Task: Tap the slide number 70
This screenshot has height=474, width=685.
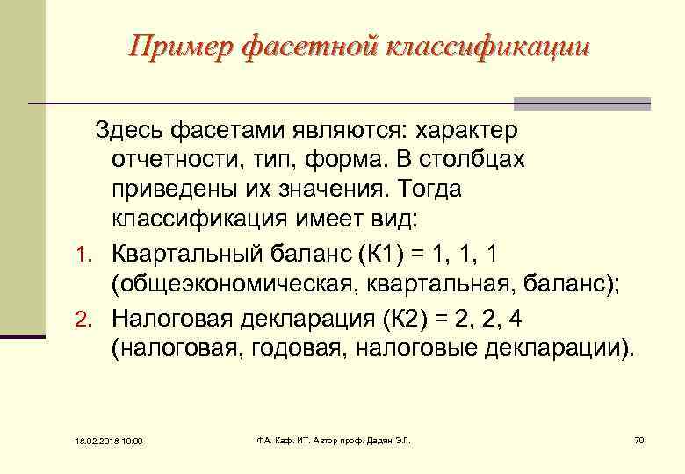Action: coord(638,440)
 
